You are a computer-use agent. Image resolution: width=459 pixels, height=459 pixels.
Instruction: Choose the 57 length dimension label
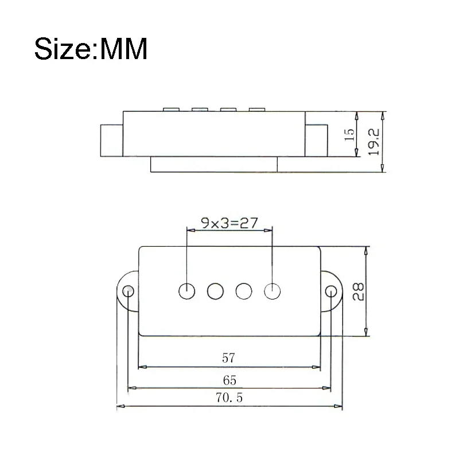pyautogui.click(x=228, y=359)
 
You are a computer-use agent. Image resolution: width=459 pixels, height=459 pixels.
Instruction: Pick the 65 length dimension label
pyautogui.click(x=229, y=380)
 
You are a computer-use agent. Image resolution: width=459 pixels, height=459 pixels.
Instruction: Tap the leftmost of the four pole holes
pyautogui.click(x=187, y=291)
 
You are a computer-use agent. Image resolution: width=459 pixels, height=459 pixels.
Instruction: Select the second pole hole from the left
pyautogui.click(x=215, y=291)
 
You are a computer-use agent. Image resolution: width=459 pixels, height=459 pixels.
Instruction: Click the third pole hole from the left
pyautogui.click(x=243, y=291)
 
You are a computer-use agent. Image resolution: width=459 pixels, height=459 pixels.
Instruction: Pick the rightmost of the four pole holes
pyautogui.click(x=272, y=291)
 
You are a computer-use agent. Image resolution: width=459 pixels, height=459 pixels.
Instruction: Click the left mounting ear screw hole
pyautogui.click(x=128, y=290)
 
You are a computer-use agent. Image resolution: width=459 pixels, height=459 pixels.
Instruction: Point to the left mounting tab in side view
pyautogui.click(x=112, y=139)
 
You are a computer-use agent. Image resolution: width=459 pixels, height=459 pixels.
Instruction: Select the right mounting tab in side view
pyautogui.click(x=316, y=139)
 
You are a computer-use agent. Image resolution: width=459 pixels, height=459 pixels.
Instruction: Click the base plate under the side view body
pyautogui.click(x=214, y=164)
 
